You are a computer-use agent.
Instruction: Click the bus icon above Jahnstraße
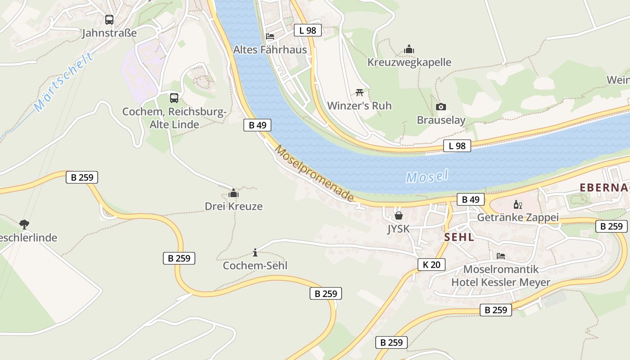click(109, 20)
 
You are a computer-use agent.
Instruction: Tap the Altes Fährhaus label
click(270, 49)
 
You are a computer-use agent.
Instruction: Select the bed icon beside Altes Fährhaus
click(270, 36)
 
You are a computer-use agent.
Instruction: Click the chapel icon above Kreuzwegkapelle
click(409, 49)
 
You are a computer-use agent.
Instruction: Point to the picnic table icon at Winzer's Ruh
click(359, 93)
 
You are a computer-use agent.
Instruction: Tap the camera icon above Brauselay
click(441, 107)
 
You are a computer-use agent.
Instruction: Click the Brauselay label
click(441, 120)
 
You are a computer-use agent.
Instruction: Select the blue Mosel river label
click(427, 176)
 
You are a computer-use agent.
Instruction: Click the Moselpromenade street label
click(314, 173)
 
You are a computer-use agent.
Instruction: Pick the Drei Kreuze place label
click(234, 206)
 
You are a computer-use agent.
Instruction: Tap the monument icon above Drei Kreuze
click(234, 193)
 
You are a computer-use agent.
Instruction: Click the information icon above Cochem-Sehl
click(255, 252)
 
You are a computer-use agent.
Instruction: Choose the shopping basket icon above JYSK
click(398, 216)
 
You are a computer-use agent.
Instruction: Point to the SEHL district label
click(459, 237)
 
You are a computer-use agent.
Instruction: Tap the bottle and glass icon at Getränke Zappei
click(518, 205)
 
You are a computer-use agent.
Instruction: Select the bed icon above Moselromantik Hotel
click(500, 256)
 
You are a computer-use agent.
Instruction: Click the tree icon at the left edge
click(24, 224)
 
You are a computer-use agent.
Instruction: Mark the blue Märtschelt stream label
click(64, 82)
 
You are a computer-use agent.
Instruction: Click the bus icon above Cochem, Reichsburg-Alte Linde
click(174, 98)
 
